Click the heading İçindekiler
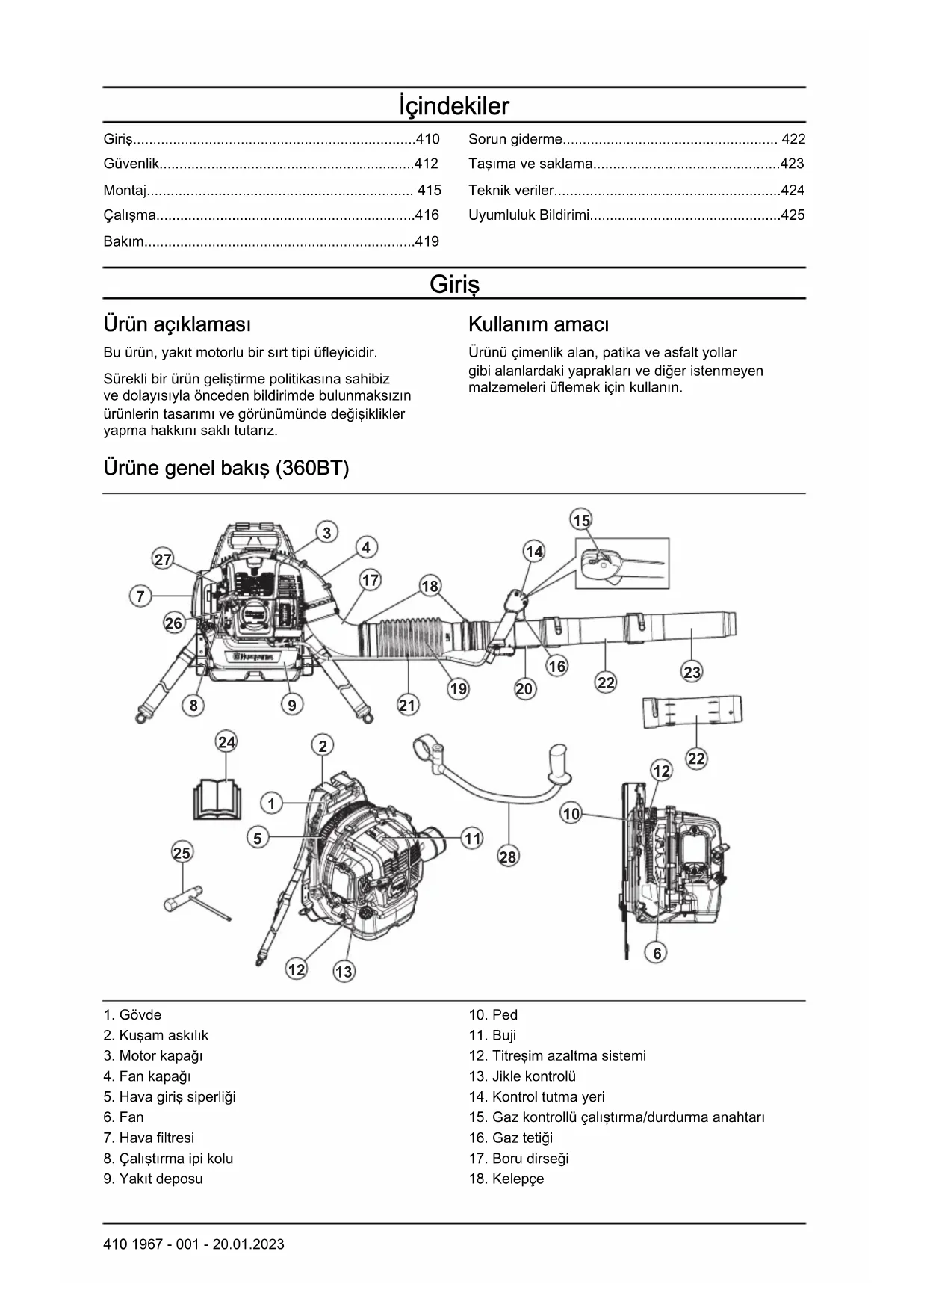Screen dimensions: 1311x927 tap(453, 106)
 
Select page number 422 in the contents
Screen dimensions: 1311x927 tap(793, 139)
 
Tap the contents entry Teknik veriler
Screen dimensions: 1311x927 tap(512, 191)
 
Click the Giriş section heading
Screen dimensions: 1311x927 tap(454, 284)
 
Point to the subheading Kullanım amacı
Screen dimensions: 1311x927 tap(538, 324)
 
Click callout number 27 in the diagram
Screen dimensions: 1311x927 tap(163, 559)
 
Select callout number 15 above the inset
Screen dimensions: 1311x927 tap(581, 520)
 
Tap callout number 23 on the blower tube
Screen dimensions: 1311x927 tap(692, 672)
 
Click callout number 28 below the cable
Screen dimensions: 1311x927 tap(507, 857)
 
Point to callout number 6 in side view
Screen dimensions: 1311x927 tap(657, 953)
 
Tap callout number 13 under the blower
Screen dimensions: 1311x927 tap(344, 972)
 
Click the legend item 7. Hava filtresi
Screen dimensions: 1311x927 tap(149, 1138)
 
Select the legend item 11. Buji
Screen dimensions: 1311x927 tap(492, 1035)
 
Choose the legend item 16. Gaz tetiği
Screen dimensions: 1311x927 tap(511, 1138)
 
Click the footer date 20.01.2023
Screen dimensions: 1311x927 tap(248, 1244)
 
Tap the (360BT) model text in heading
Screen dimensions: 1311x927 tap(312, 469)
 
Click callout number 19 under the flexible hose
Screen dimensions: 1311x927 tap(458, 688)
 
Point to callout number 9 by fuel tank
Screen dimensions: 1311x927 tap(292, 705)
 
